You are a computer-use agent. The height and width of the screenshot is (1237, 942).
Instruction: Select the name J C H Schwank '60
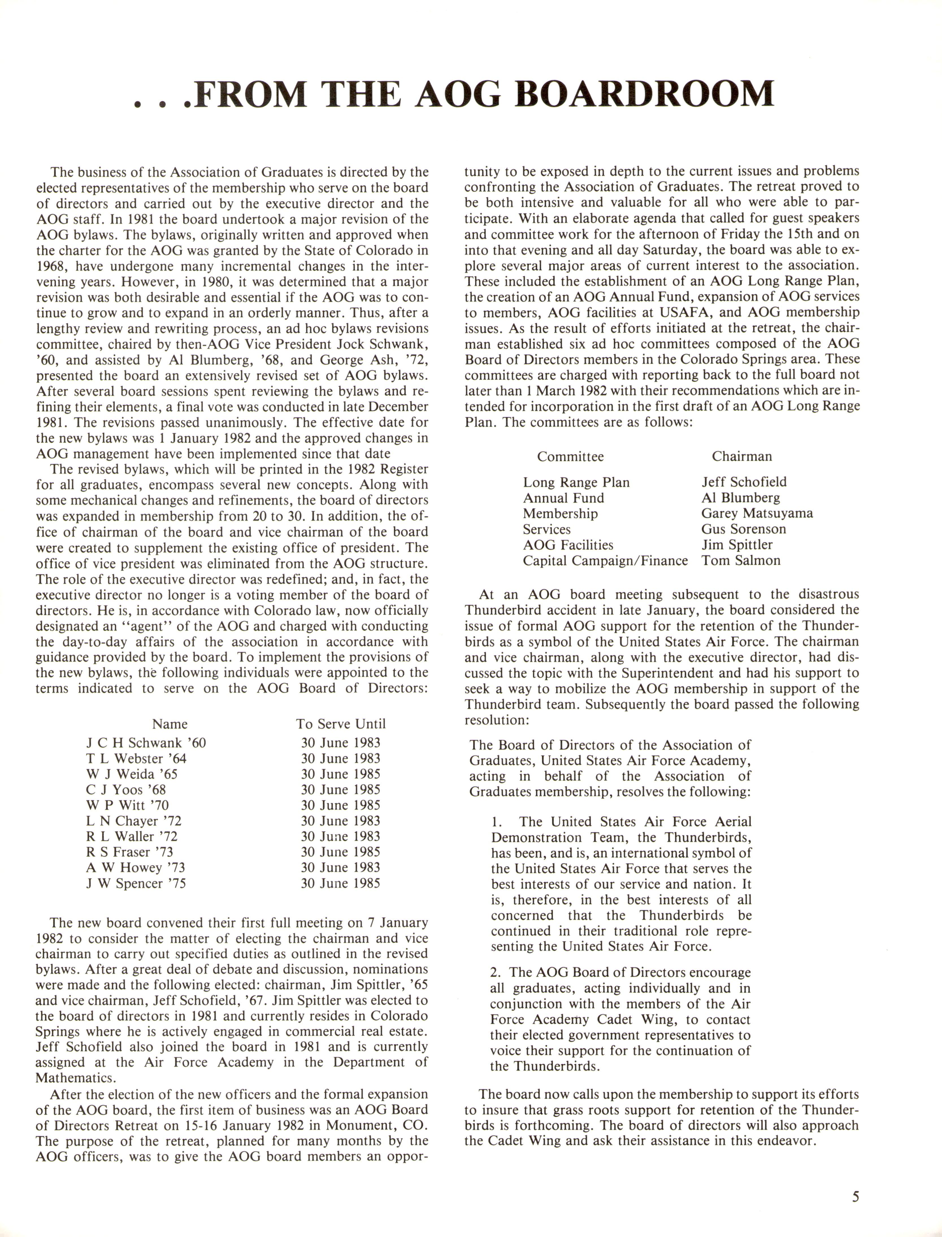coord(146,743)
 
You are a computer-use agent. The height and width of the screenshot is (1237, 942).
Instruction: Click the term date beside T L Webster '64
coord(340,758)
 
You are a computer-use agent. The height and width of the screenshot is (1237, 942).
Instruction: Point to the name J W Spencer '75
coord(136,884)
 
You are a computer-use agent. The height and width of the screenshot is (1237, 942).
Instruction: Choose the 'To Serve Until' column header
coord(340,724)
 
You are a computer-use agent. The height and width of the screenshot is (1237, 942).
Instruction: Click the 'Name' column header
coord(170,724)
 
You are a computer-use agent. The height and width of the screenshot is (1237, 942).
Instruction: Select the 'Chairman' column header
coord(742,456)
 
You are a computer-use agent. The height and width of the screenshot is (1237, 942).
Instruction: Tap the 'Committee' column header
coord(570,456)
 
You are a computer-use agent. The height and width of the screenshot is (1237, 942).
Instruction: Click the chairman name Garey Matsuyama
coord(757,513)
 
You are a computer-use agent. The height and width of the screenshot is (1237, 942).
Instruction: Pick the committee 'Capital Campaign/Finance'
coord(605,561)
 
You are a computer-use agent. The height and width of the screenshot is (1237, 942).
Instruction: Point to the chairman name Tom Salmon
coord(741,561)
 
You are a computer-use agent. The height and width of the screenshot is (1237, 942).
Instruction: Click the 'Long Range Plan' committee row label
coord(576,483)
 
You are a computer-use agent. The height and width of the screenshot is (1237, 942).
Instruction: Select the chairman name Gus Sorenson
coord(743,529)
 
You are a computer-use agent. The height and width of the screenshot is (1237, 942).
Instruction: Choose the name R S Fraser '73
coord(129,852)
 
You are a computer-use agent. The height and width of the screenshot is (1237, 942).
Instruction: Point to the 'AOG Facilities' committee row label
coord(568,545)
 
